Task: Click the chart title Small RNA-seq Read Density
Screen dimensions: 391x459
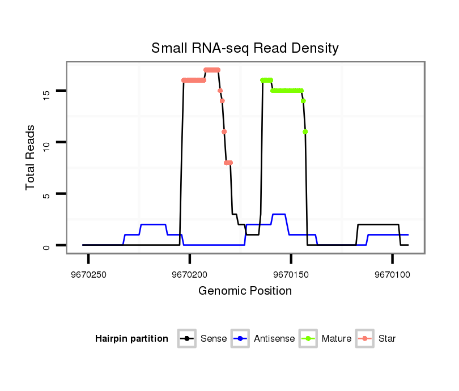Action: pyautogui.click(x=245, y=48)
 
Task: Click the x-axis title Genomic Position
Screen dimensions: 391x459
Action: pyautogui.click(x=245, y=291)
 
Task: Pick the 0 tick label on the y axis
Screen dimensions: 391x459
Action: pyautogui.click(x=46, y=245)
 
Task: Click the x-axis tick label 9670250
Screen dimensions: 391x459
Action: pyautogui.click(x=88, y=274)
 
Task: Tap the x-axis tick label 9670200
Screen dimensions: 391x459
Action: pyautogui.click(x=190, y=274)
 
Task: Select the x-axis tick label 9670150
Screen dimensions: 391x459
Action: pyautogui.click(x=291, y=274)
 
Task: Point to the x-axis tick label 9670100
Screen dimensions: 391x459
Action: pyautogui.click(x=392, y=274)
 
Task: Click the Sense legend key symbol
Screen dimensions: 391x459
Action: pyautogui.click(x=186, y=339)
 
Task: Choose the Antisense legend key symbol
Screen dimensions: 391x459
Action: pyautogui.click(x=241, y=339)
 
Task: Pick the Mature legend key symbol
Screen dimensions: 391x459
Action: pyautogui.click(x=309, y=339)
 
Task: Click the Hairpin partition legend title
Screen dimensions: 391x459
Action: pyautogui.click(x=131, y=339)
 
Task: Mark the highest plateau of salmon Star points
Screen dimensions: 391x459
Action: pyautogui.click(x=212, y=70)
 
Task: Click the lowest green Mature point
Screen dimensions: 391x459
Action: pyautogui.click(x=305, y=131)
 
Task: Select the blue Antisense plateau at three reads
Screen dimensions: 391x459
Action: pyautogui.click(x=279, y=214)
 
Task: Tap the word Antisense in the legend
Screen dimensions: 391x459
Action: pyautogui.click(x=274, y=339)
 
